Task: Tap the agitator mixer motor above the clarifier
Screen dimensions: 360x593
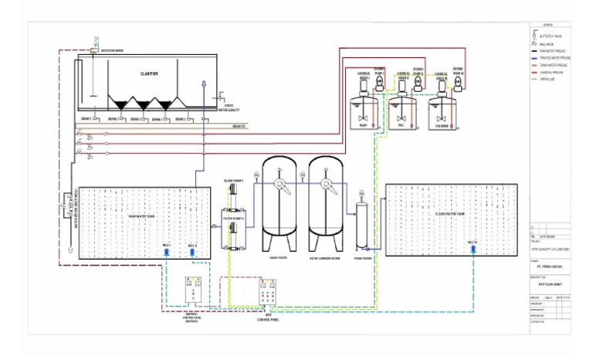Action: (x=96, y=40)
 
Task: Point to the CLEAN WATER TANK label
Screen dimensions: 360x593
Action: (x=449, y=213)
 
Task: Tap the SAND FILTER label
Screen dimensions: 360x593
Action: (x=278, y=257)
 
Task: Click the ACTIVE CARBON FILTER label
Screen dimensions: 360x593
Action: (x=324, y=257)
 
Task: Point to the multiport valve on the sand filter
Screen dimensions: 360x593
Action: (x=278, y=184)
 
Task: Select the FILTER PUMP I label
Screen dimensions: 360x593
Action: (x=234, y=181)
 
